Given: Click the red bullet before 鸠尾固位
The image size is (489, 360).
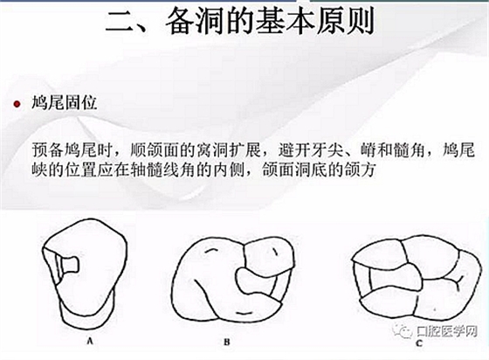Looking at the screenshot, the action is point(17,104).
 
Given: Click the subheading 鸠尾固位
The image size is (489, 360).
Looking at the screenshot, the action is point(65,102).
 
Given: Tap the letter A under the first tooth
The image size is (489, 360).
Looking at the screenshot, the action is point(90,341).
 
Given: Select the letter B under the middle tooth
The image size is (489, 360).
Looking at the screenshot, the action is point(227,342).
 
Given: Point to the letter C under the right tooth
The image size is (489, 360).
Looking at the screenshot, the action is point(419,343).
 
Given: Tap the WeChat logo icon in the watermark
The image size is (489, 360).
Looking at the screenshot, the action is point(403,330).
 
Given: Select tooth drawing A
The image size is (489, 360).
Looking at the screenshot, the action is point(85,273).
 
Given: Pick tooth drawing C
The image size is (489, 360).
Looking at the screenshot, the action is point(416,278).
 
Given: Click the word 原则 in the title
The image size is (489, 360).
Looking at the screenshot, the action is point(346,21).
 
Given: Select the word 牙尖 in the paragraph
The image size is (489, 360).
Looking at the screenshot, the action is point(328,150).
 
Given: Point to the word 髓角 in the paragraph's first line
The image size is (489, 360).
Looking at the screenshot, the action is point(409,150).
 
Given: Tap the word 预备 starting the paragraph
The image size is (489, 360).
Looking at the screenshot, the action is point(48,150).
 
